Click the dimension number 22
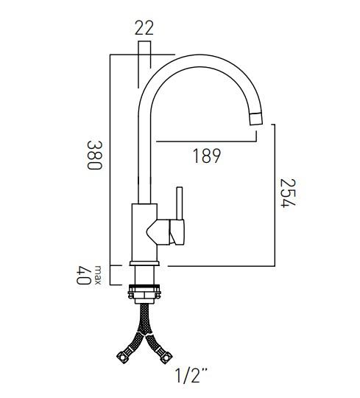tap(144, 29)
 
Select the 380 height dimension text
tap(93, 156)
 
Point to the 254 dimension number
tap(289, 193)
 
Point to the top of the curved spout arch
tap(199, 66)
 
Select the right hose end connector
tap(171, 358)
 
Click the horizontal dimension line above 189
tap(206, 141)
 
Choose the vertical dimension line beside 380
tap(110, 158)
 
